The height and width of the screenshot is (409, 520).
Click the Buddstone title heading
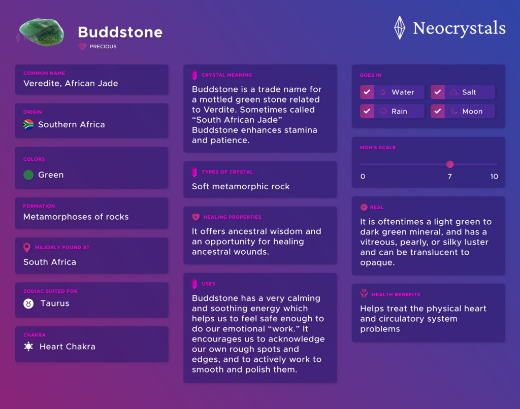coord(120,32)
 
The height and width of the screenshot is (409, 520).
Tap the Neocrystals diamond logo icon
coord(400,27)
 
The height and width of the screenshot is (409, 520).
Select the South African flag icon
coord(28,124)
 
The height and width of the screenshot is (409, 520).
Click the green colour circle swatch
coord(28,175)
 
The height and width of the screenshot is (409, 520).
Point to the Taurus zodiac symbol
coord(28,303)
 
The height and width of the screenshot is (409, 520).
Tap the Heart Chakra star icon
coord(28,347)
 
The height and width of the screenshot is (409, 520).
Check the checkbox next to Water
coord(367,92)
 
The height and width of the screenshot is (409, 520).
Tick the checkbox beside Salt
coord(438,92)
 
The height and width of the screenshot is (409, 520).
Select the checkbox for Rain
coord(367,111)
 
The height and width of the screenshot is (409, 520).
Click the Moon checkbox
coord(438,111)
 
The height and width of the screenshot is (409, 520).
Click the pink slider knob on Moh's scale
coord(449,164)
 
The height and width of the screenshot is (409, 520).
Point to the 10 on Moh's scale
coord(494,177)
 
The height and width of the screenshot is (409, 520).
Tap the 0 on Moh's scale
coord(363,177)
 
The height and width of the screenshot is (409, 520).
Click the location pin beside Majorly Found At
coord(27,248)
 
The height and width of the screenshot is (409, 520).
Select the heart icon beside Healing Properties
coord(196,217)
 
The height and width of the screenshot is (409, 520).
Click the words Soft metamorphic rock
coord(241,186)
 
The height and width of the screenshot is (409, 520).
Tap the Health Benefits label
coord(396,294)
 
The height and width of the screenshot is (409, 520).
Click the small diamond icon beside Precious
coord(82,47)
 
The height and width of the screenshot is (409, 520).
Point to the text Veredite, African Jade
coord(71,84)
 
